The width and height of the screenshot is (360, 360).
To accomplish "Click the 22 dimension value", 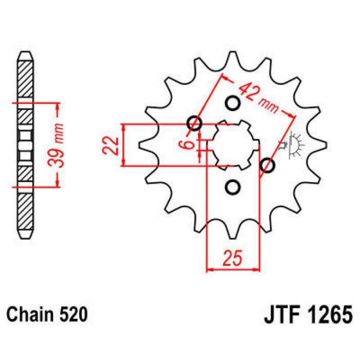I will click(109, 146).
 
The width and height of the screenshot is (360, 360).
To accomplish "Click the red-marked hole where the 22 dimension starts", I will click(195, 123).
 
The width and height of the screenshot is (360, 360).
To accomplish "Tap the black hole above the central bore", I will click(232, 102).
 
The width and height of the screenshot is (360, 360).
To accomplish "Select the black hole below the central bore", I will click(232, 187).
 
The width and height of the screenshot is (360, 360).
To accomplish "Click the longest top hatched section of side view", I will click(25, 80).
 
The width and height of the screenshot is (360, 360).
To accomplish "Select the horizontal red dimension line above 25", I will click(232, 269).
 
